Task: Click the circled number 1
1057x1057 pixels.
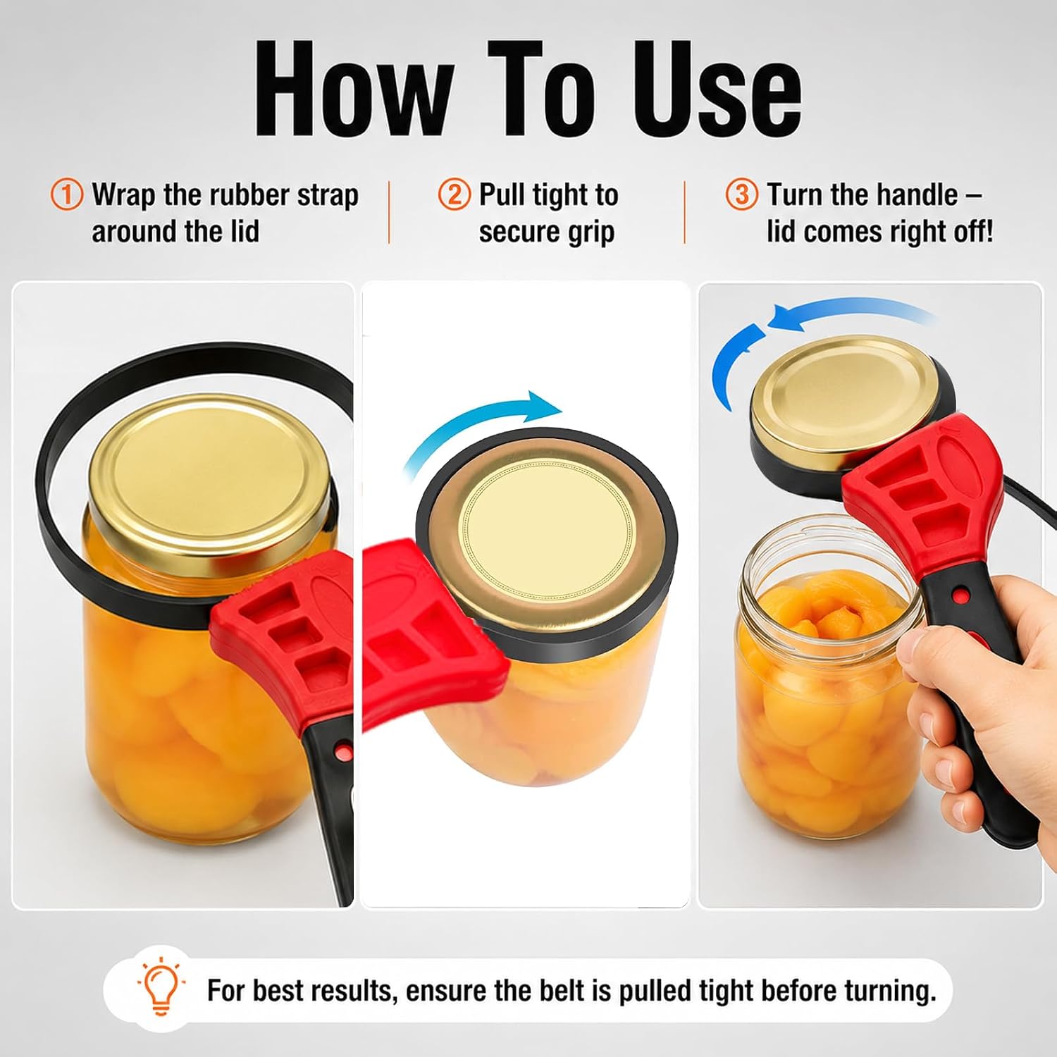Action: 67,194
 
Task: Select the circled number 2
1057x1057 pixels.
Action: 455,194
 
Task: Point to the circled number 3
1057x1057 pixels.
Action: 742,194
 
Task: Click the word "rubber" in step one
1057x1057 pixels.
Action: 252,194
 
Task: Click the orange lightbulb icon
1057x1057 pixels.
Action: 161,987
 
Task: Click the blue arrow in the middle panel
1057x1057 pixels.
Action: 483,431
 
